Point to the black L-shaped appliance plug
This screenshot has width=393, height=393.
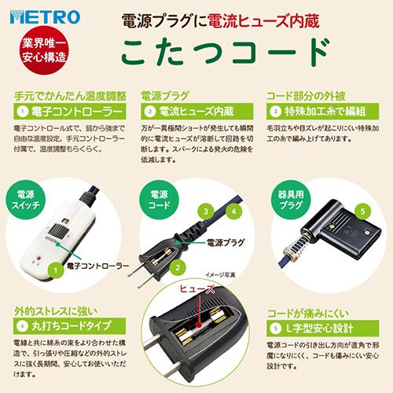tap(346, 236)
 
